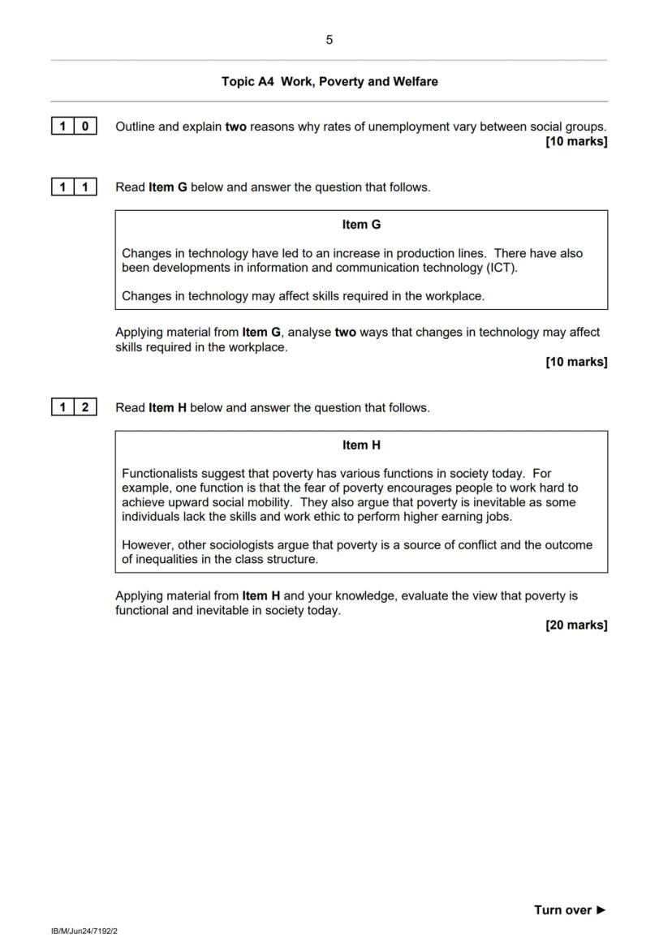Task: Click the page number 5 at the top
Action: (329, 40)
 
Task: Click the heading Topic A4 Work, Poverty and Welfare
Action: (329, 82)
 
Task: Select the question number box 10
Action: (73, 127)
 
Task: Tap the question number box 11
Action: (73, 187)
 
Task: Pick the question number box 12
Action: (73, 408)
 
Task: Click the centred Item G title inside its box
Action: (361, 225)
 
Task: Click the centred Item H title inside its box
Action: (361, 445)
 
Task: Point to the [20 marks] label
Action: (576, 625)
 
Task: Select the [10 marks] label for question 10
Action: (576, 142)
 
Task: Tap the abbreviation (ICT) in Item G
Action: (499, 268)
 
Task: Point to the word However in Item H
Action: (146, 545)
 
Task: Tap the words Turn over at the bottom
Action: (562, 910)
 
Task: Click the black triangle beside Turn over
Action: (601, 910)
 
